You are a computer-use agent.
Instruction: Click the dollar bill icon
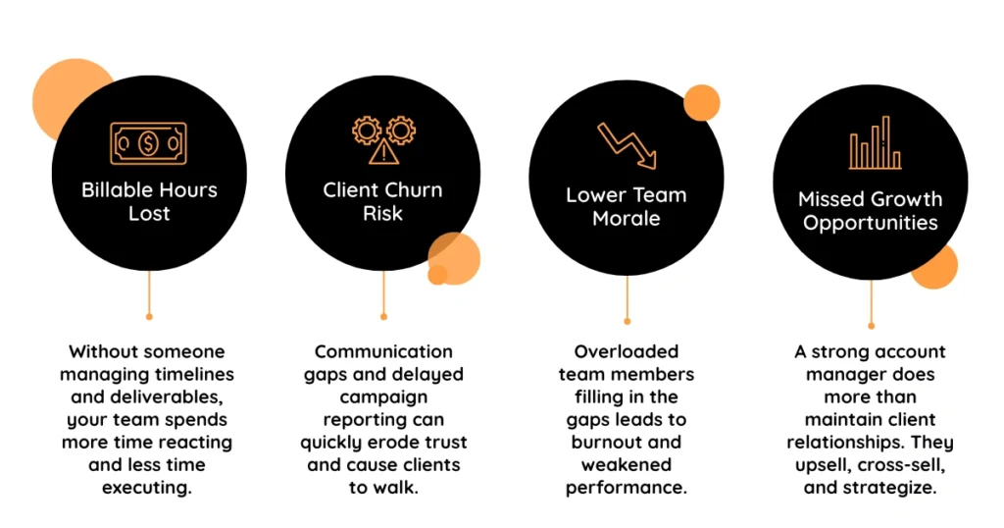point(149,143)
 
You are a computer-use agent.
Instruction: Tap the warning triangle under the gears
point(383,152)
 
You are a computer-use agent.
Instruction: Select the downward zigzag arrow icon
point(627,145)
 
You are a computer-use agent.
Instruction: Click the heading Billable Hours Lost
point(149,201)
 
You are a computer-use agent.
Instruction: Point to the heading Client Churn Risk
point(383,201)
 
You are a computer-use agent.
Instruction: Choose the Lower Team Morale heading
point(627,206)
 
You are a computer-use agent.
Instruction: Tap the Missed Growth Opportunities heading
point(871,211)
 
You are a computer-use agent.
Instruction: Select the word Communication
point(383,351)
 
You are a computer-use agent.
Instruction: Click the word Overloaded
point(627,351)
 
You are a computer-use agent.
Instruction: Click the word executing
point(147,488)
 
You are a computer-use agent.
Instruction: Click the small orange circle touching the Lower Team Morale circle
point(702,102)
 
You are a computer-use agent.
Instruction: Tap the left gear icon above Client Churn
point(367,131)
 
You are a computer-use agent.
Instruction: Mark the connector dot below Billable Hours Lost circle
point(149,317)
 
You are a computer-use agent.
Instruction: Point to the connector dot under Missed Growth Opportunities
point(871,326)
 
